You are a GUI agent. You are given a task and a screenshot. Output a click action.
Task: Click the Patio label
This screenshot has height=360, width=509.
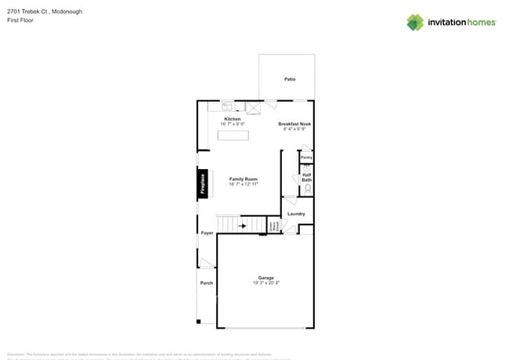pyautogui.click(x=290, y=79)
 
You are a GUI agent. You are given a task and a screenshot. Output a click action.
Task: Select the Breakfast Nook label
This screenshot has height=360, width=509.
pyautogui.click(x=295, y=124)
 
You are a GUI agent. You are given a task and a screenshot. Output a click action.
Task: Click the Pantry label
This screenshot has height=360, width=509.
pyautogui.click(x=306, y=157)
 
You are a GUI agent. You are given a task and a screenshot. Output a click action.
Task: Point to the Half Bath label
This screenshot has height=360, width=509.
pyautogui.click(x=307, y=178)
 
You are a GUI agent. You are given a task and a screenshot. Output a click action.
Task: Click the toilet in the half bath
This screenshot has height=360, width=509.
pyautogui.click(x=307, y=189)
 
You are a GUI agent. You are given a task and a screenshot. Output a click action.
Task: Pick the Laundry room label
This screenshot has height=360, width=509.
pyautogui.click(x=296, y=214)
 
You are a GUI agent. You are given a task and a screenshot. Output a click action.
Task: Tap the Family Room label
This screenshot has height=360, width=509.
pyautogui.click(x=244, y=179)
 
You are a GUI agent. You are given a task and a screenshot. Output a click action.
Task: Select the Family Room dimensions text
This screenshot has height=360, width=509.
pyautogui.click(x=244, y=184)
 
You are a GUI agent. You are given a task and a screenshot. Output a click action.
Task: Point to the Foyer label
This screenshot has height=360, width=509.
pyautogui.click(x=207, y=233)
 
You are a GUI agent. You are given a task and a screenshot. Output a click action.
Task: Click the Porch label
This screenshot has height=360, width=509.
pyautogui.click(x=207, y=283)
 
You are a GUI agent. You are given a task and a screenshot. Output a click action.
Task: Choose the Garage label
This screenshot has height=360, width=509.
pyautogui.click(x=266, y=278)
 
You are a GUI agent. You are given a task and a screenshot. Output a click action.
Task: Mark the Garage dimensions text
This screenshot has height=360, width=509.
pyautogui.click(x=266, y=283)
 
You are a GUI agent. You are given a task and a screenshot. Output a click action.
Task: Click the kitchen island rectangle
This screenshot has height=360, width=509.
pyautogui.click(x=233, y=136)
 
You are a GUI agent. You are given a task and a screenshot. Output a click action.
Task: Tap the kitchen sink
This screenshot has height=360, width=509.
pyautogui.click(x=226, y=107)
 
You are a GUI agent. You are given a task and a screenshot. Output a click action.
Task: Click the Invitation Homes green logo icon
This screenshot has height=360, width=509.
pyautogui.click(x=415, y=22)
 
